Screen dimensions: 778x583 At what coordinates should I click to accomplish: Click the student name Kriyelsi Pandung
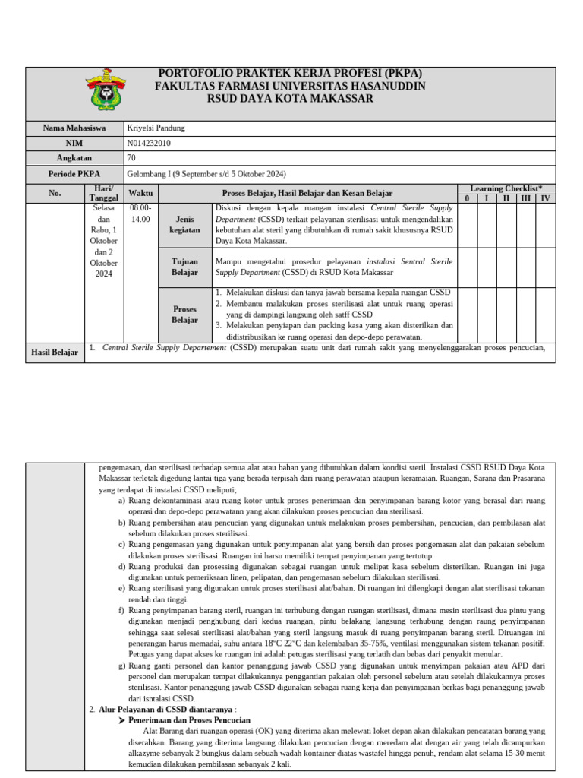(156, 128)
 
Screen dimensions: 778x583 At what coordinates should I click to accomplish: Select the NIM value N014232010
(149, 143)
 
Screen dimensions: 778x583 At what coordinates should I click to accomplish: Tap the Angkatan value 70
(132, 158)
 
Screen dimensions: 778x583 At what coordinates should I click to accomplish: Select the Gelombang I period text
(206, 173)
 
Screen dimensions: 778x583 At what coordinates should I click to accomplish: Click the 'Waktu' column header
(140, 193)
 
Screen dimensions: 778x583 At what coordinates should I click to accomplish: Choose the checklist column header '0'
(468, 198)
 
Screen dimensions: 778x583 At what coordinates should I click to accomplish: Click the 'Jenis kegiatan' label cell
(185, 224)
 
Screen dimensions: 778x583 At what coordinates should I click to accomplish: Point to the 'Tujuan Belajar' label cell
(185, 267)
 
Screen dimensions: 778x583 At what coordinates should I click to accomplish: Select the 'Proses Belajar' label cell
(185, 315)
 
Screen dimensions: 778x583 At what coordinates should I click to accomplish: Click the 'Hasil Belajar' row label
(54, 353)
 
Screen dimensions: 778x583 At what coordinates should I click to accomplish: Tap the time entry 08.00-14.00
(140, 213)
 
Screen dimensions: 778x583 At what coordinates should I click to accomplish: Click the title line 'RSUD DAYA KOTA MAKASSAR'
(290, 99)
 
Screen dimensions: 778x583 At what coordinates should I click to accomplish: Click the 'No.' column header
(54, 193)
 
